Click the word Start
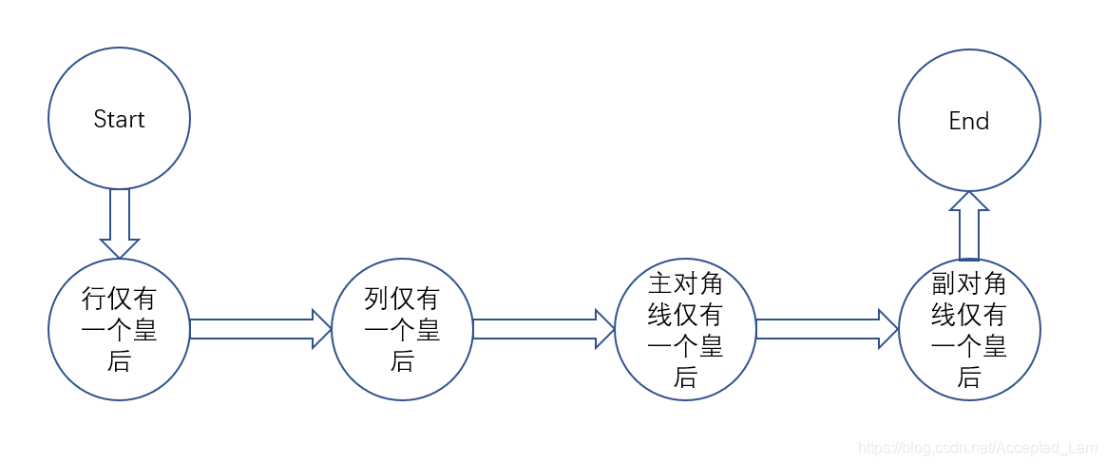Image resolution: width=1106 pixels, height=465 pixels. (119, 120)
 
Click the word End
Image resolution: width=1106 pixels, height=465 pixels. (969, 122)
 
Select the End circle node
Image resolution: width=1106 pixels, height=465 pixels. (969, 157)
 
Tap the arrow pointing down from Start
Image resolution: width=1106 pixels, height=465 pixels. (119, 223)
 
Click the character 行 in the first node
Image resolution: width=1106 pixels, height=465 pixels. (94, 300)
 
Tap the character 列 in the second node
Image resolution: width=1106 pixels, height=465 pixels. (377, 300)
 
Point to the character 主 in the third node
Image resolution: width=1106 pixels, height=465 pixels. (660, 284)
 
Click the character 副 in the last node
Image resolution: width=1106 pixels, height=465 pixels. (944, 284)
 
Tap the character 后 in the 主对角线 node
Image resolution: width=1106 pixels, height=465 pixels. (685, 378)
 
